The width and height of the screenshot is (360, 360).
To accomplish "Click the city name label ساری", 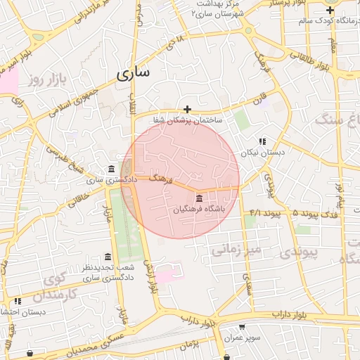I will [134, 73].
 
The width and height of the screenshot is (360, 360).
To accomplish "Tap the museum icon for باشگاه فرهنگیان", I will [199, 198].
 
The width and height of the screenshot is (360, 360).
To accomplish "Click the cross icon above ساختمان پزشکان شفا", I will [187, 109].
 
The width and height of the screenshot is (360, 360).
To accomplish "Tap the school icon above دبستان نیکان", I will [262, 141].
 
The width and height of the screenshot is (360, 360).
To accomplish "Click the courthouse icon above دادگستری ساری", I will [112, 169].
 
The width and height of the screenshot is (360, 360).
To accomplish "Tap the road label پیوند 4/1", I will [265, 212].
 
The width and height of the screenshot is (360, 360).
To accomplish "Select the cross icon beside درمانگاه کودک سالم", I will [330, 10].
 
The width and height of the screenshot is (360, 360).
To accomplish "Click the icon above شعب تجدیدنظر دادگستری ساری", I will [108, 257].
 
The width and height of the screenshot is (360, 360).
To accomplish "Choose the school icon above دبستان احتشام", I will [18, 301].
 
